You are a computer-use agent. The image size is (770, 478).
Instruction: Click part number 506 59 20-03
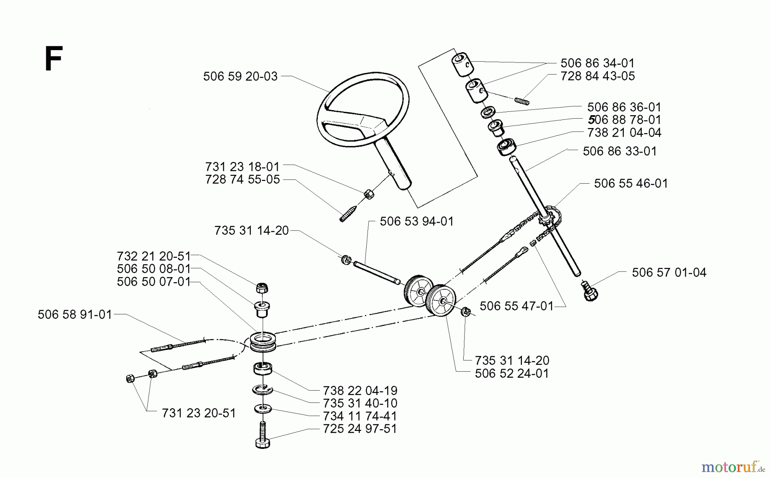[x=240, y=76]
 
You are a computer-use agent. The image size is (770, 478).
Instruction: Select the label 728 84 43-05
[x=597, y=76]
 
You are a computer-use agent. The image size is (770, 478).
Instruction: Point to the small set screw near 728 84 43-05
[x=522, y=101]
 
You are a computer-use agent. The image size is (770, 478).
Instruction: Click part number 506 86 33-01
[x=619, y=151]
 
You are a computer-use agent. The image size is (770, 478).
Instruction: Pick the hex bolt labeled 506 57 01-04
[x=590, y=292]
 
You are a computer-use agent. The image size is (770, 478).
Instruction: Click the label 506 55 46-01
[x=631, y=183]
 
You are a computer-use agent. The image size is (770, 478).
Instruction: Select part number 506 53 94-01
[x=416, y=221]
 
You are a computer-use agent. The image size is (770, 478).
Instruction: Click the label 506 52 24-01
[x=511, y=373]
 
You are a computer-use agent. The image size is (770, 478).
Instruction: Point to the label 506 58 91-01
[x=75, y=315]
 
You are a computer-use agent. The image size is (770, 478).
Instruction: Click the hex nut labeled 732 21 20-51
[x=262, y=288]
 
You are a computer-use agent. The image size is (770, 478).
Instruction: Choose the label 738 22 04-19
[x=360, y=391]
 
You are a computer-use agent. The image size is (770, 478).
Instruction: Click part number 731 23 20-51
[x=198, y=413]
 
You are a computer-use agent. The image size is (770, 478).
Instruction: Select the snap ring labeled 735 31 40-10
[x=262, y=390]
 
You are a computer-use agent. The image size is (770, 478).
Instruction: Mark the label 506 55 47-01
[x=516, y=306]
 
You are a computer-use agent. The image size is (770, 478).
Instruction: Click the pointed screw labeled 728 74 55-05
[x=347, y=214]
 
